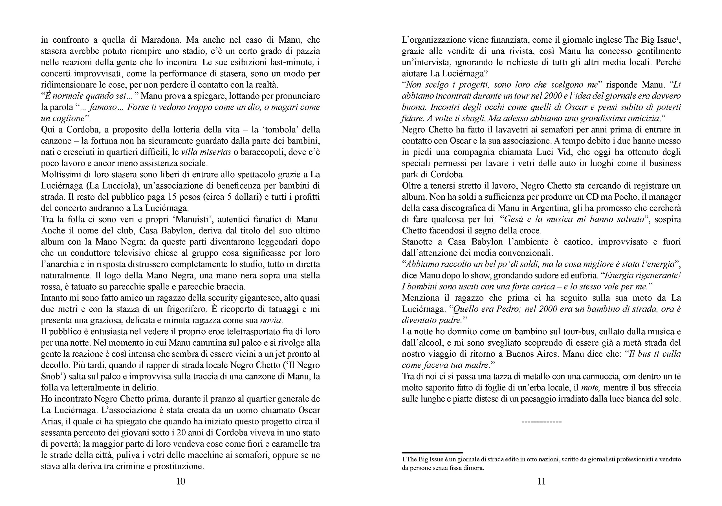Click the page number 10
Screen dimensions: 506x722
[180, 481]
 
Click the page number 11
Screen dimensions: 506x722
[541, 481]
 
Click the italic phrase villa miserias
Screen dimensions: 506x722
[206, 152]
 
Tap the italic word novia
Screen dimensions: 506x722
[272, 320]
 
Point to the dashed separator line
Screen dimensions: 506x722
[541, 422]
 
